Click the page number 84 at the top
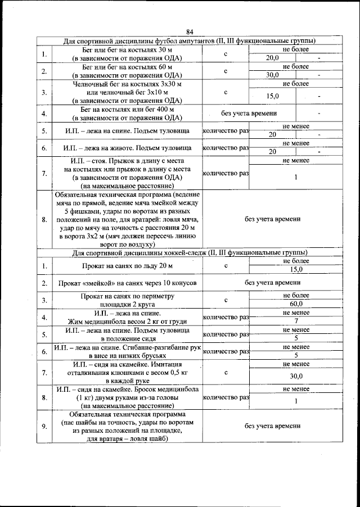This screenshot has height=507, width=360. pos(190,31)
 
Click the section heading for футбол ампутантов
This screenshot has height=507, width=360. pos(189,41)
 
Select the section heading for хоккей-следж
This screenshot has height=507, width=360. pos(189,252)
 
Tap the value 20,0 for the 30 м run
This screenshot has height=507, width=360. pos(273,58)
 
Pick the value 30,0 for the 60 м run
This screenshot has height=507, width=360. pos(273,75)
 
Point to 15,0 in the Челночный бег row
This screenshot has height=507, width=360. pos(273,96)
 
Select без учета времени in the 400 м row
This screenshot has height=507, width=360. pos(249,114)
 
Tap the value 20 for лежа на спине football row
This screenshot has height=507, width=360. pos(272,135)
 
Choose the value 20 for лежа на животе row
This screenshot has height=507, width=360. pos(272,152)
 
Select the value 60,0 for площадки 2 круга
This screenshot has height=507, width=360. pos(296,304)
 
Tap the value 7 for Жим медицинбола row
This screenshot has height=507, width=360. pos(296,321)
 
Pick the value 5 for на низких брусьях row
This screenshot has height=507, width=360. pos(296,355)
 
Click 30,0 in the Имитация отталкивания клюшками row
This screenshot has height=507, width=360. pos(296,376)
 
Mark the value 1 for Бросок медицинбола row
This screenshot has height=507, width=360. pos(296,401)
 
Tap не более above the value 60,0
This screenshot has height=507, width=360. pos(296,296)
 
